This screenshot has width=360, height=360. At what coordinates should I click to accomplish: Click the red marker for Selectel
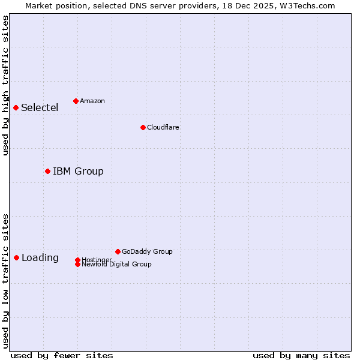click(x=16, y=107)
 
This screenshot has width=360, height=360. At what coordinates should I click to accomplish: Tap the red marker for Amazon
click(x=76, y=101)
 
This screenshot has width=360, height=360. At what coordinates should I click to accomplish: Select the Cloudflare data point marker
click(x=143, y=127)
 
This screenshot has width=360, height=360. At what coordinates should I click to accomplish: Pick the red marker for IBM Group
click(x=47, y=171)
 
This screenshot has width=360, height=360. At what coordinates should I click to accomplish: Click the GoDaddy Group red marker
click(x=118, y=251)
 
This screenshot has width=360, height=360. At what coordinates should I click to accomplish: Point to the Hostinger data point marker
click(x=77, y=260)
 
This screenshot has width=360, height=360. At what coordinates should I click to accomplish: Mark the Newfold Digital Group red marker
click(x=77, y=264)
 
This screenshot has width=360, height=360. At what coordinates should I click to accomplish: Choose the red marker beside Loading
click(x=16, y=257)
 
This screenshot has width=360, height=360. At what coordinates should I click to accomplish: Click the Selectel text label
click(x=40, y=108)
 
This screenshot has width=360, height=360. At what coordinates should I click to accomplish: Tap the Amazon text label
click(x=92, y=101)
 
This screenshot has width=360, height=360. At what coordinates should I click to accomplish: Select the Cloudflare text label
click(x=163, y=127)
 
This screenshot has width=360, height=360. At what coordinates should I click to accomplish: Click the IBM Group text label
click(x=78, y=172)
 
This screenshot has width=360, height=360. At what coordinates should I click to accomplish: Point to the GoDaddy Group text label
click(x=147, y=251)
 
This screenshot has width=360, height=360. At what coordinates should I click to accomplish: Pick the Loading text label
click(x=40, y=258)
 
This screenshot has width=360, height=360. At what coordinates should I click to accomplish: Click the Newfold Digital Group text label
click(x=116, y=265)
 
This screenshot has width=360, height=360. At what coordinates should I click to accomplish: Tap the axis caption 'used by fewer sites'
click(x=62, y=355)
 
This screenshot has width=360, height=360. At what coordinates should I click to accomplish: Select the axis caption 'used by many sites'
click(x=301, y=355)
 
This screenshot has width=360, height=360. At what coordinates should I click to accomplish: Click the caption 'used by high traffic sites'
click(x=5, y=85)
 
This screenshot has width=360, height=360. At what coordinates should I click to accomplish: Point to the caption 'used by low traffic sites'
click(x=5, y=281)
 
